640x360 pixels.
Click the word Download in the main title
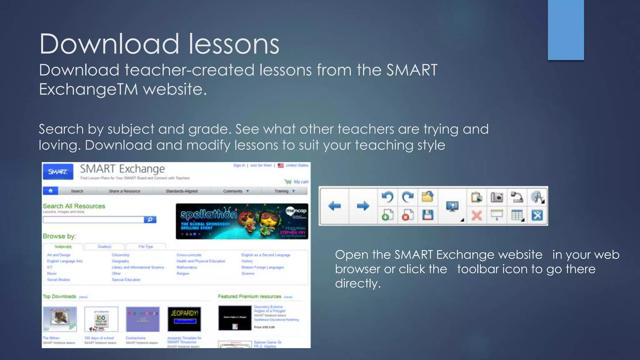coord(109,44)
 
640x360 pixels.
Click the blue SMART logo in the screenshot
coord(58,172)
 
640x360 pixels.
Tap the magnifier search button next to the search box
coord(150,220)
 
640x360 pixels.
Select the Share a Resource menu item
coord(124,191)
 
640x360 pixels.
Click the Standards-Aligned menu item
coord(182,191)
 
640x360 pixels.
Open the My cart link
coord(301,182)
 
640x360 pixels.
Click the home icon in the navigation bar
coord(51,191)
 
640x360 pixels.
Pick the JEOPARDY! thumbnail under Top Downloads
coord(184,319)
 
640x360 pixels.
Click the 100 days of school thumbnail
coord(101,319)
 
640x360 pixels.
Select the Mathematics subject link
coord(187,267)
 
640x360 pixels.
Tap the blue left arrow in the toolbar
coord(335,206)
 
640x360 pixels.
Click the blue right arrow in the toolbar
coord(363,206)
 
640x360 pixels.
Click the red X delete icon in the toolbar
coord(477,215)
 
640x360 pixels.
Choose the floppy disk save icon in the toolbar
coord(427,215)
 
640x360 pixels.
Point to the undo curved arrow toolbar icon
coord(387,197)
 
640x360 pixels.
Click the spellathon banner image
coord(242,221)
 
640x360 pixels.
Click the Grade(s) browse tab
coord(104,247)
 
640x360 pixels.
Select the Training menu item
coord(282,191)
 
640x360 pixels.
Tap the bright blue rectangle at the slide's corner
coord(566,30)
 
